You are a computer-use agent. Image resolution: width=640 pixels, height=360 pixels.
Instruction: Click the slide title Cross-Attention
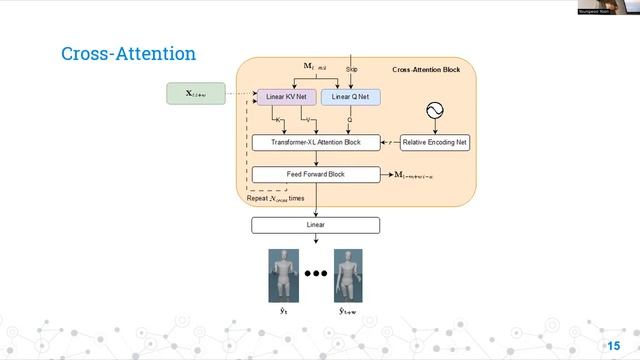click(128, 53)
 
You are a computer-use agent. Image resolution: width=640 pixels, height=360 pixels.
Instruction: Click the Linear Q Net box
click(350, 97)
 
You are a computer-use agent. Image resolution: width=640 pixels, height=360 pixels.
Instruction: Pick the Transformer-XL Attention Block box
click(316, 143)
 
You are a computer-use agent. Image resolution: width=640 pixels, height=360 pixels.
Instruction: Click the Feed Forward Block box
click(315, 174)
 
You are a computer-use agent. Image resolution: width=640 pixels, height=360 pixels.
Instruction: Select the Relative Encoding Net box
click(435, 143)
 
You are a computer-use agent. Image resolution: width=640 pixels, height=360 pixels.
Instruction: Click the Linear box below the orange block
click(315, 225)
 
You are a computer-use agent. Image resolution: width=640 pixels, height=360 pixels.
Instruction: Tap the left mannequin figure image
click(284, 276)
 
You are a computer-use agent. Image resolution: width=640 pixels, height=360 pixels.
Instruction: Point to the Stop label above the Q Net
click(352, 69)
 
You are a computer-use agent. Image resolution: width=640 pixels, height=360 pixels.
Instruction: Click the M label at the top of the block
click(315, 67)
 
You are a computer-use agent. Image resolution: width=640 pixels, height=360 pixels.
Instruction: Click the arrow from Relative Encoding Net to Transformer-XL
click(390, 143)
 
